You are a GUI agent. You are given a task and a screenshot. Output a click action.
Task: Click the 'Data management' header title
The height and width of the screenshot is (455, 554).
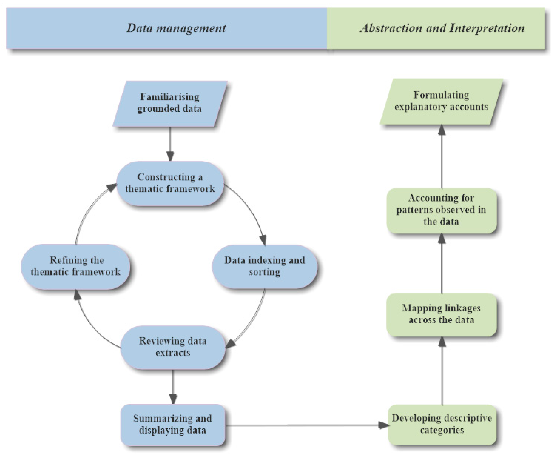(x=176, y=28)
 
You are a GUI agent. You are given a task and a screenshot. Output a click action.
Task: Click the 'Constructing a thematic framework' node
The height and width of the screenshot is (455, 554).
(x=170, y=183)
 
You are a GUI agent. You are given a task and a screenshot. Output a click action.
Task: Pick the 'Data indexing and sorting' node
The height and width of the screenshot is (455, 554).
(x=265, y=266)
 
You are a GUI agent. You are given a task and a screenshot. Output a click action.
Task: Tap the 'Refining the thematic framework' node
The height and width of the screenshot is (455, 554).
(x=76, y=266)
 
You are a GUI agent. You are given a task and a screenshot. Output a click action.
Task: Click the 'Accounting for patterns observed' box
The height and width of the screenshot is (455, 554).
(x=441, y=210)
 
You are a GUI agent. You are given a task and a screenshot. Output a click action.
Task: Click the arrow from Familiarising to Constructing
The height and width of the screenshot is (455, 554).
(x=170, y=143)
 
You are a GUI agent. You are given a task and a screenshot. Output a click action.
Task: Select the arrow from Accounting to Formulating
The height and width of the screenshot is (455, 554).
(x=442, y=157)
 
